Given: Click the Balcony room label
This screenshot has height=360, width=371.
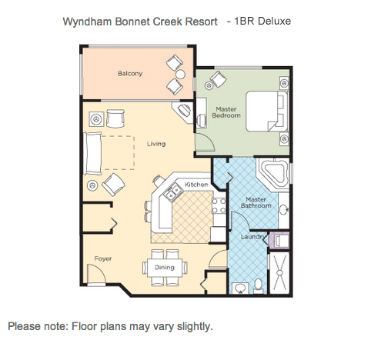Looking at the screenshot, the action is click(x=130, y=74).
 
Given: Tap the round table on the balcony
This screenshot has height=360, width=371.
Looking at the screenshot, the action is click(x=180, y=75).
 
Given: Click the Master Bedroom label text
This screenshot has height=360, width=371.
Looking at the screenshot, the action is click(x=226, y=112).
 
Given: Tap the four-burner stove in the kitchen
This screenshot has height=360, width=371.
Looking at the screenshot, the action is click(x=219, y=205).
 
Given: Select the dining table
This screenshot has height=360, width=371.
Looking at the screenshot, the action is click(x=165, y=268).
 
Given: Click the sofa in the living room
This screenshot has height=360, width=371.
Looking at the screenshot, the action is click(x=92, y=153).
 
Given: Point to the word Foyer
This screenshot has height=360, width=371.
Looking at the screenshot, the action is click(x=103, y=258).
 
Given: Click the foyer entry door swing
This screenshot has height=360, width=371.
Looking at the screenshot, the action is click(x=96, y=275).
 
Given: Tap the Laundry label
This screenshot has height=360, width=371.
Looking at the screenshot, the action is click(x=252, y=237).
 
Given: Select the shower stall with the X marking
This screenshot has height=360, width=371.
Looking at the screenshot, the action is click(x=279, y=273).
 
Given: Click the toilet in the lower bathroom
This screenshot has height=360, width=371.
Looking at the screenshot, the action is click(x=258, y=286).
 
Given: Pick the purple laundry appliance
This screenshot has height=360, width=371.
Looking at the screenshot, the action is click(x=279, y=240).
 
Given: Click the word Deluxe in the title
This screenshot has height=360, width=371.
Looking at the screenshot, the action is click(x=274, y=21).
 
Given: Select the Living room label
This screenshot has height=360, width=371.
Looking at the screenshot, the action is click(x=156, y=144).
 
